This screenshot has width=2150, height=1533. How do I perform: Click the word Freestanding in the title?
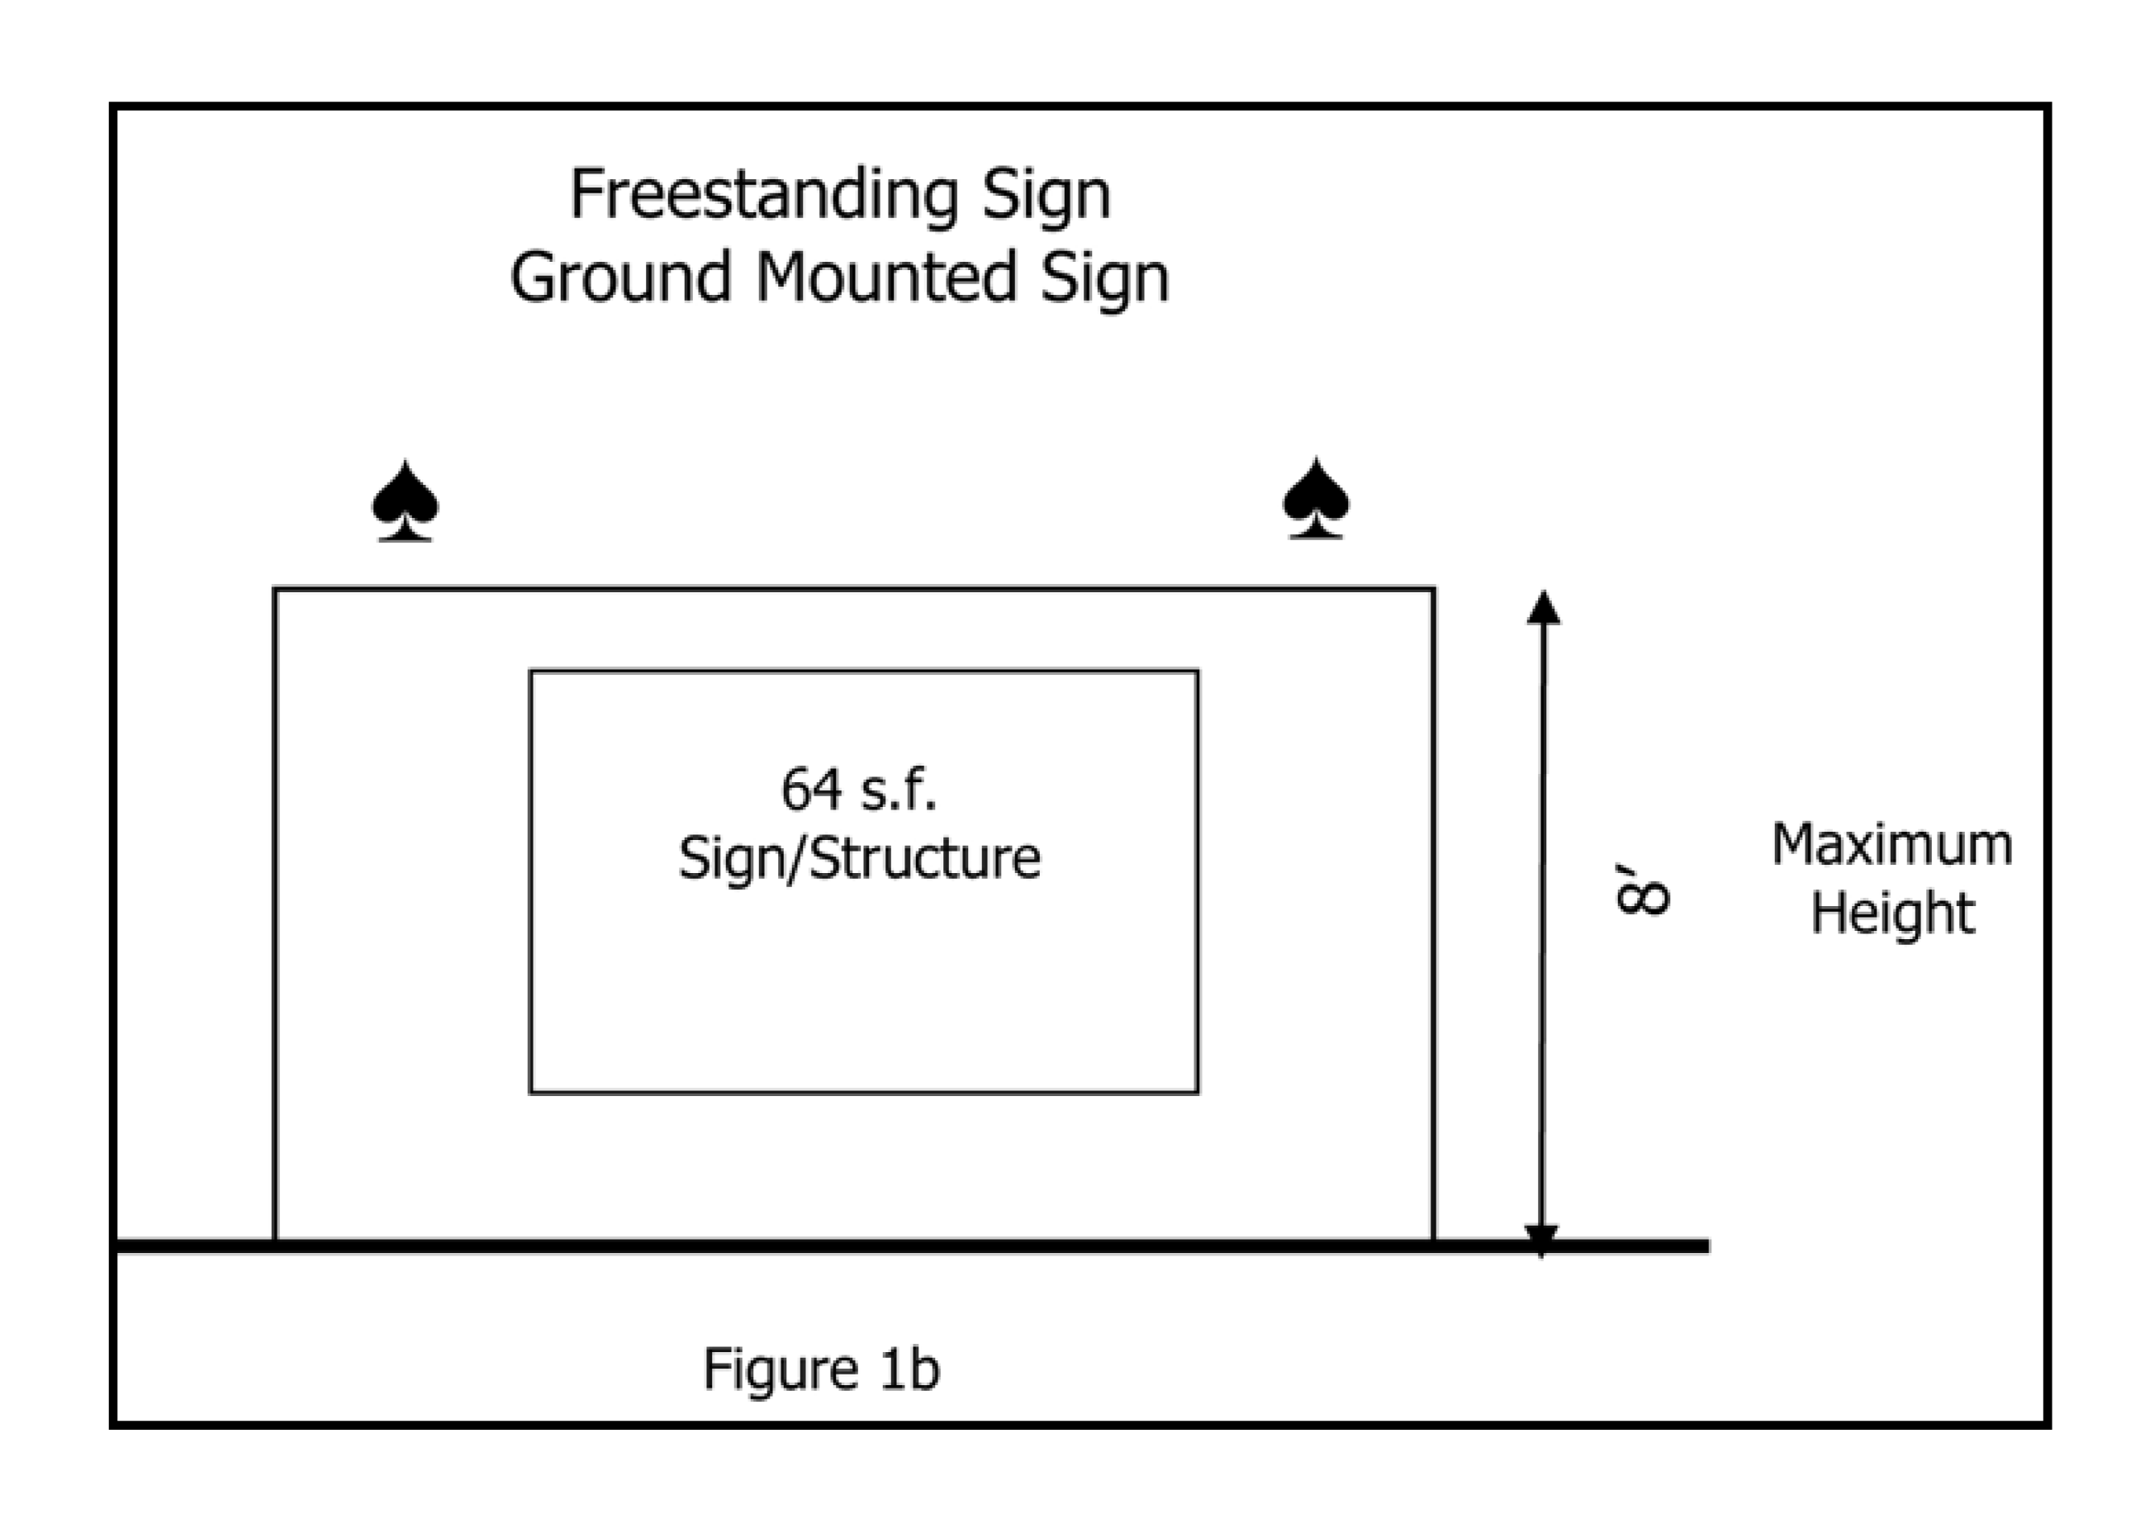[765, 197]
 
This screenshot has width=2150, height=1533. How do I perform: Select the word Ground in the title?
[620, 278]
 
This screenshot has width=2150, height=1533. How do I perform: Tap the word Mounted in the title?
[886, 278]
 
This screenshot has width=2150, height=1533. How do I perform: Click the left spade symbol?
[405, 501]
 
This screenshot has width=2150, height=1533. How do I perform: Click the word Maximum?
[1891, 844]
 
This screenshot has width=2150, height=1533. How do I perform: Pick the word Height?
[1891, 913]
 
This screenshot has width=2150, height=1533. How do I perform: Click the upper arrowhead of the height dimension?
[1543, 608]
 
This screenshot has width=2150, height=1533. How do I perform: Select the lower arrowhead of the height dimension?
[1541, 1237]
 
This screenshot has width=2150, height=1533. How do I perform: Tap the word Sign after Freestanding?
[1045, 197]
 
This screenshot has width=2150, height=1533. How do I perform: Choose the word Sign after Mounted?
[1104, 278]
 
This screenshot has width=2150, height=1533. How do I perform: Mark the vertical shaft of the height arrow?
[1542, 925]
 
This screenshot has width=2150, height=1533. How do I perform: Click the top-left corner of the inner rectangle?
[531, 672]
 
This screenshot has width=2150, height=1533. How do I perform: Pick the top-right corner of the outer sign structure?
[1434, 589]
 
